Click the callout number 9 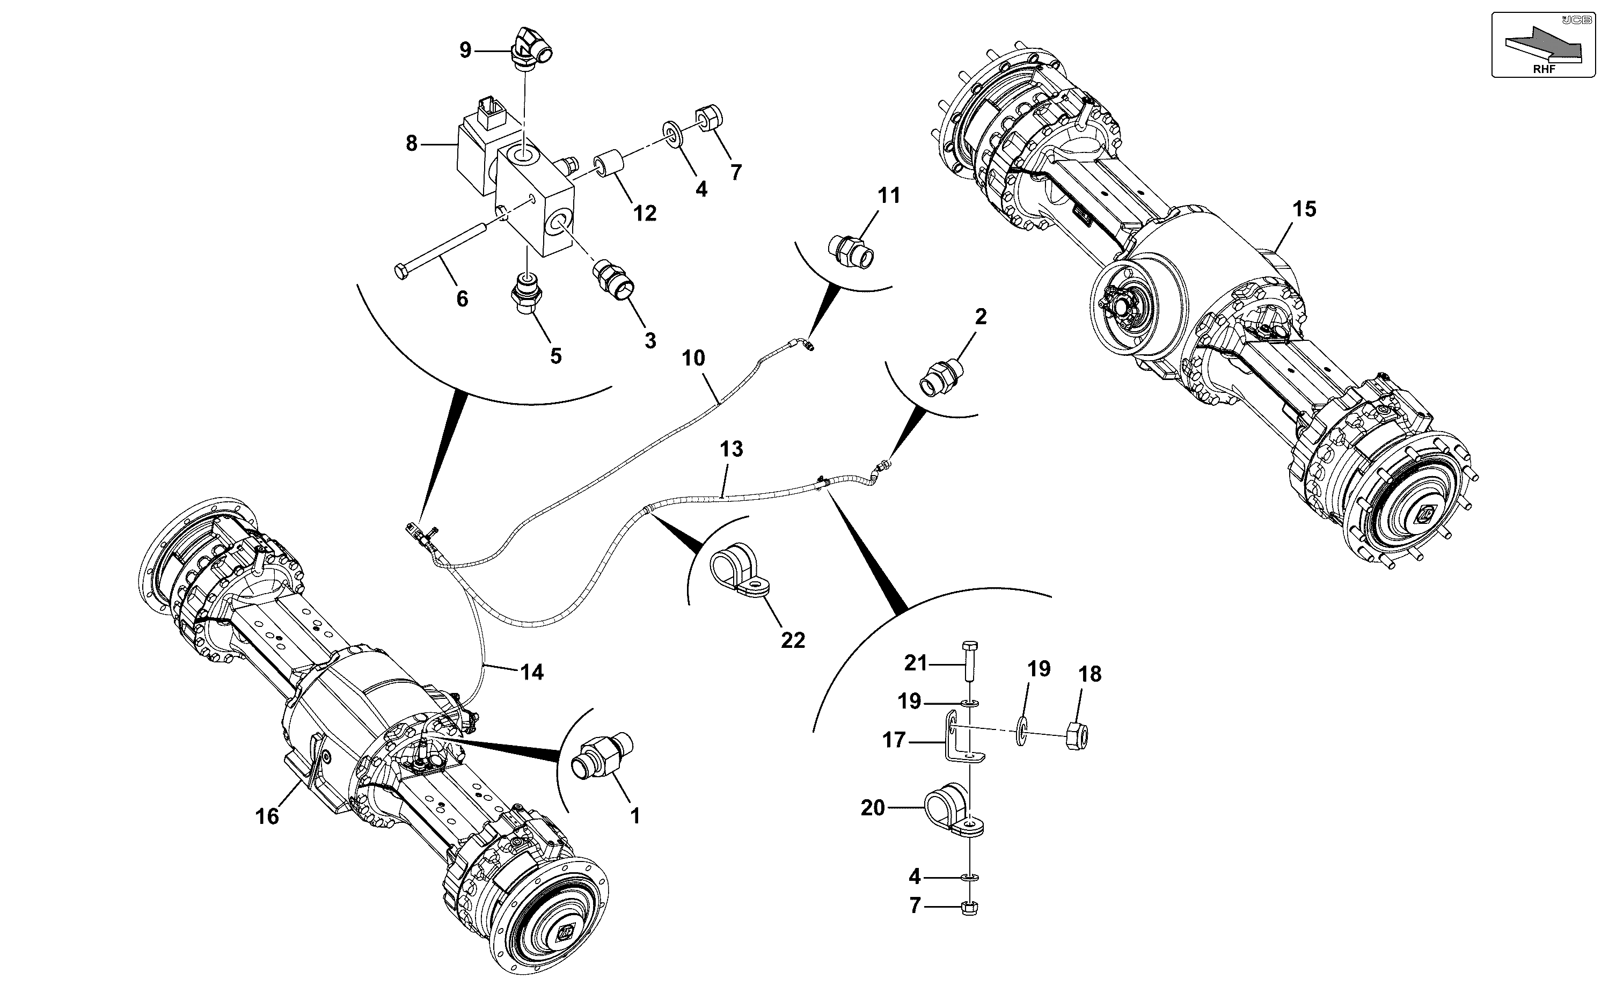(465, 50)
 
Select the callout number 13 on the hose (731, 449)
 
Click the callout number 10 (693, 358)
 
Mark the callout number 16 (267, 816)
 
